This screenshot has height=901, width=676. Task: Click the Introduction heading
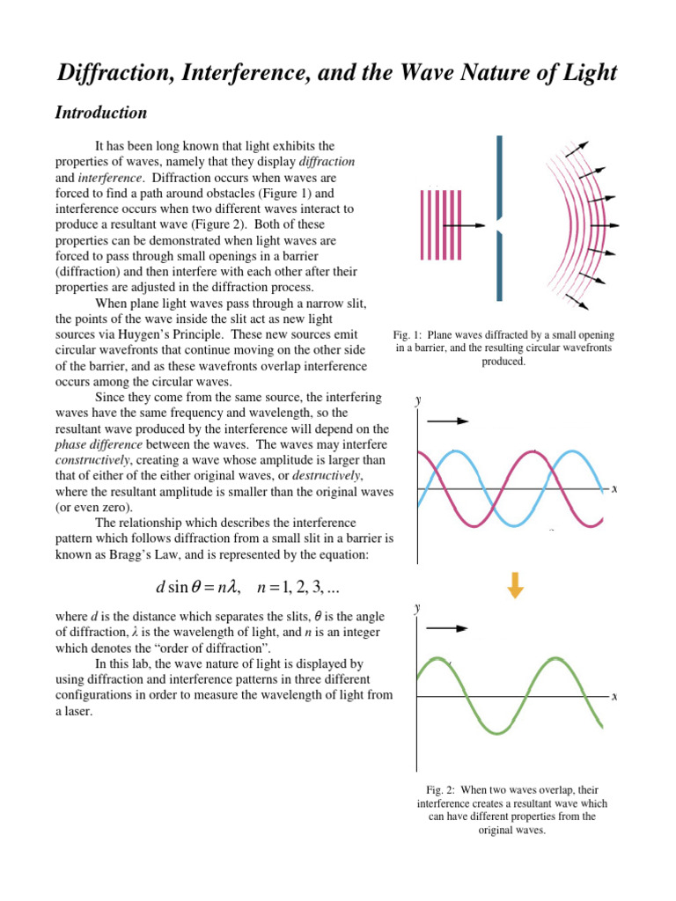click(x=100, y=114)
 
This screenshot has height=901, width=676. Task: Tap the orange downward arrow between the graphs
click(x=516, y=584)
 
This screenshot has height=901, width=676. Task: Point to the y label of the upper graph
click(x=418, y=400)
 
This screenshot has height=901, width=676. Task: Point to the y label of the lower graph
click(x=418, y=608)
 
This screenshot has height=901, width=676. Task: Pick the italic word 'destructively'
click(x=327, y=476)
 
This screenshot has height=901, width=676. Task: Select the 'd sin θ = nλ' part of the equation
click(x=191, y=588)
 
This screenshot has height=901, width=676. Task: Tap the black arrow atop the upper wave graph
click(x=448, y=421)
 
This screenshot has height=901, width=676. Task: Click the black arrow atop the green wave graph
click(x=448, y=629)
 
